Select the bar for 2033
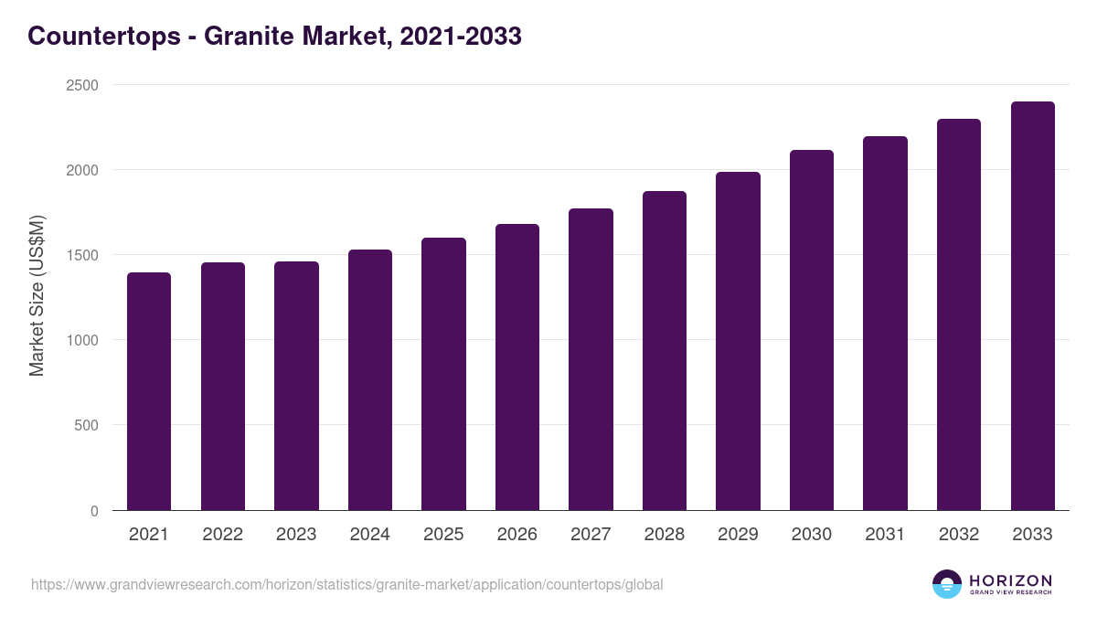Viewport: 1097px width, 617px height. (1032, 306)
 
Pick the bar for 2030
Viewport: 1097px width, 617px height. (812, 330)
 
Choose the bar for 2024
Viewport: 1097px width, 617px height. (370, 380)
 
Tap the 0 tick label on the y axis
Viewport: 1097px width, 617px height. (93, 511)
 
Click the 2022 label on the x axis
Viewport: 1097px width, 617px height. (222, 535)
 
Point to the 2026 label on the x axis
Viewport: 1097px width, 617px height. (517, 535)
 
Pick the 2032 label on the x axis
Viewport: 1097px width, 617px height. (959, 535)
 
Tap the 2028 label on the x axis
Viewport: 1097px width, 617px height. (665, 535)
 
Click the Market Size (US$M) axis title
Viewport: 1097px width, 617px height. (37, 295)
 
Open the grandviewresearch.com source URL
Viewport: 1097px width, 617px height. (346, 584)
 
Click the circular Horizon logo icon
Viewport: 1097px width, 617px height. (947, 584)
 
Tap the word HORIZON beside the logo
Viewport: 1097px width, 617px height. (1010, 580)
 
